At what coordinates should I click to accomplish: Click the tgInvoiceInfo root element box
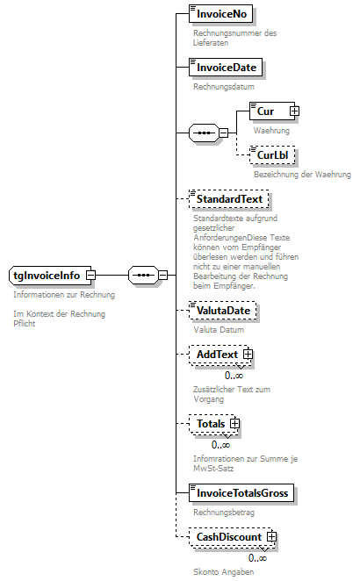(47, 276)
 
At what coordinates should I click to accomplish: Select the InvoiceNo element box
(222, 14)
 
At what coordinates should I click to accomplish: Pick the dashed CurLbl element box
(273, 155)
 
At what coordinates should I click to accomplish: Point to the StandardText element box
(229, 199)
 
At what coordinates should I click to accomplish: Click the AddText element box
(217, 355)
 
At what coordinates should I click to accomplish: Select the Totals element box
(211, 424)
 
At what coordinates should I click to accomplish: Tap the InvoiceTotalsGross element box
(242, 493)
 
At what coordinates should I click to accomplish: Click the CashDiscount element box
(228, 537)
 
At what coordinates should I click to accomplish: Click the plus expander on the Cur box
(295, 111)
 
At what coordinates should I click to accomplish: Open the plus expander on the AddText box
(248, 355)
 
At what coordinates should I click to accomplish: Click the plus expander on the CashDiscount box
(271, 537)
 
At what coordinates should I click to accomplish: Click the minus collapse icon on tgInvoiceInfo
(90, 276)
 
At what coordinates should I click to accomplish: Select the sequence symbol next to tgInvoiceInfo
(140, 276)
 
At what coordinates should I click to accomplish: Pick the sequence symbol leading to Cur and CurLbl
(204, 133)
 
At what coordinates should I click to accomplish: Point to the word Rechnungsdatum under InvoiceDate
(224, 86)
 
